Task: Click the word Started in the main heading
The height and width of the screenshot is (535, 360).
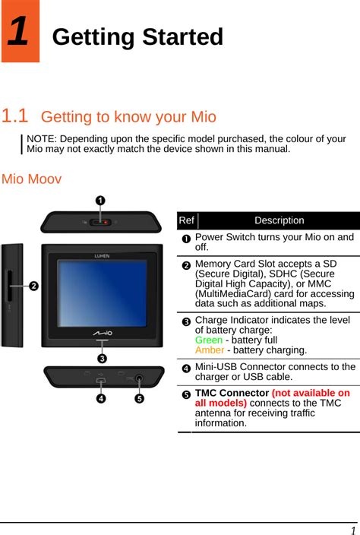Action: (x=183, y=36)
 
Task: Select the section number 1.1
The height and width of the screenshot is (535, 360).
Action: (x=14, y=116)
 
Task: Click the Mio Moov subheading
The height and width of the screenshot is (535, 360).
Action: (x=31, y=179)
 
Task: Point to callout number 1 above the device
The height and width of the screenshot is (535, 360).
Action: (x=100, y=201)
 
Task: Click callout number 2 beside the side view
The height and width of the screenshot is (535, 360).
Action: (x=33, y=286)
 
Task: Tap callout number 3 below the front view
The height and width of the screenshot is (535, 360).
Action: (x=102, y=358)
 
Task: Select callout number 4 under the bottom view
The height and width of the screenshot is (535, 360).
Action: (x=101, y=398)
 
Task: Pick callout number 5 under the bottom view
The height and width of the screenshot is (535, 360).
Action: (x=139, y=398)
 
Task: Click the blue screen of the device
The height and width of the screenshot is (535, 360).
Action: (x=102, y=293)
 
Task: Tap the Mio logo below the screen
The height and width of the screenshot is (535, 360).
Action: (x=103, y=333)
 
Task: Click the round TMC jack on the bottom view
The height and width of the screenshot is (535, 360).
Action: (x=139, y=378)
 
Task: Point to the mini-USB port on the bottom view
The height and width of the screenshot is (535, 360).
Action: (x=100, y=380)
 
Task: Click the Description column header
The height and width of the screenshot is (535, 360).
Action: (x=279, y=220)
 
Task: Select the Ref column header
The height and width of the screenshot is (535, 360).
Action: (x=187, y=220)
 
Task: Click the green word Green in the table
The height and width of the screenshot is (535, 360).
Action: (x=209, y=340)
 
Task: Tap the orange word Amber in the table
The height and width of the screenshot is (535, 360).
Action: (x=210, y=350)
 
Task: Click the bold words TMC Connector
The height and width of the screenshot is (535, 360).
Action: (x=232, y=393)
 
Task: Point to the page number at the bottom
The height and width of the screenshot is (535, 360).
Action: (x=353, y=530)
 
